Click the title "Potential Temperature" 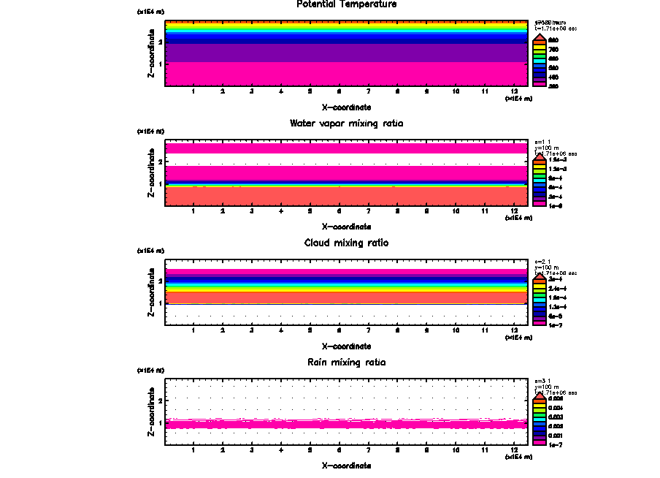click(347, 4)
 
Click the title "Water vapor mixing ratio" click(347, 123)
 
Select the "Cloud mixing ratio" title click(347, 243)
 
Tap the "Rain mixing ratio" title click(347, 362)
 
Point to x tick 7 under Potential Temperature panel click(368, 91)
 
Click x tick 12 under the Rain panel click(514, 449)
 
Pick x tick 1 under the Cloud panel click(193, 330)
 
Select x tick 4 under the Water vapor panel click(280, 210)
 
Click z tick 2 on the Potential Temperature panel click(160, 42)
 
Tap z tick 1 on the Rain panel click(160, 423)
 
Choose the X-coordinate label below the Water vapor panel click(347, 227)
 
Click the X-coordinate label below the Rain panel click(347, 466)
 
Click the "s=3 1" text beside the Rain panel click(542, 381)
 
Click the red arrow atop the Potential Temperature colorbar click(540, 37)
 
